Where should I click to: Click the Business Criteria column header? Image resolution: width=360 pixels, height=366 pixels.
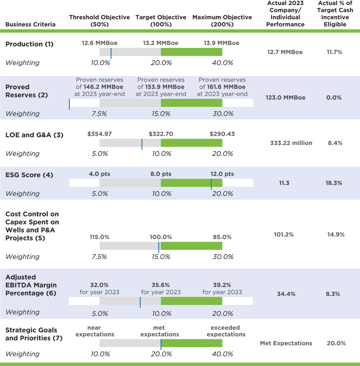tap(31, 25)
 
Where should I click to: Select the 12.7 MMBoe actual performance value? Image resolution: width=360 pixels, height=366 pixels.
tap(285, 52)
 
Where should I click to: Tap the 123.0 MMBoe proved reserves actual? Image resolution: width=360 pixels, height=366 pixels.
tap(285, 98)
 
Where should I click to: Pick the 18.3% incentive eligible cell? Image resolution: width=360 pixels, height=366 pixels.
tap(334, 183)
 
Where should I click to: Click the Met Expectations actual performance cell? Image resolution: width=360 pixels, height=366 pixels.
tap(286, 343)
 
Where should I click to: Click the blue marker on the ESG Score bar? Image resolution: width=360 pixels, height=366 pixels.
tap(211, 184)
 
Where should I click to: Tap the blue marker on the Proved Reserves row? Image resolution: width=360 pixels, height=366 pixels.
tap(69, 103)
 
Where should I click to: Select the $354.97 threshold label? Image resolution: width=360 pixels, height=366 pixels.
tap(100, 134)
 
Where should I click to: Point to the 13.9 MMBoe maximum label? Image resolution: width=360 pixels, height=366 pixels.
tap(221, 43)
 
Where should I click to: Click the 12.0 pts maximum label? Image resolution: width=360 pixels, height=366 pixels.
tap(222, 174)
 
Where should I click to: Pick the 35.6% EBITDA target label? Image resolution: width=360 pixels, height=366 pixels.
tap(161, 285)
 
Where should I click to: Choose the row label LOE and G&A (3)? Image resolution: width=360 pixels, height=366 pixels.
tap(34, 135)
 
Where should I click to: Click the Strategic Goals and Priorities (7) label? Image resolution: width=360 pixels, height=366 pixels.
tap(34, 334)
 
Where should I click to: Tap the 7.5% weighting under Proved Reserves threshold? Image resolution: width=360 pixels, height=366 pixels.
tap(100, 114)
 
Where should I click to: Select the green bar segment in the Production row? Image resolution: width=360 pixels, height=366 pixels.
tap(192, 52)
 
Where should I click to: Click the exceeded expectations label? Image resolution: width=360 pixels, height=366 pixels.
tap(226, 331)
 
